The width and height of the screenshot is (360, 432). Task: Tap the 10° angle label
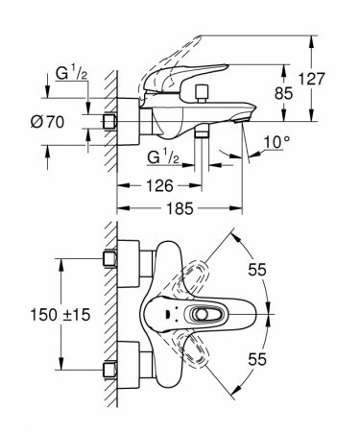pos(276,144)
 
